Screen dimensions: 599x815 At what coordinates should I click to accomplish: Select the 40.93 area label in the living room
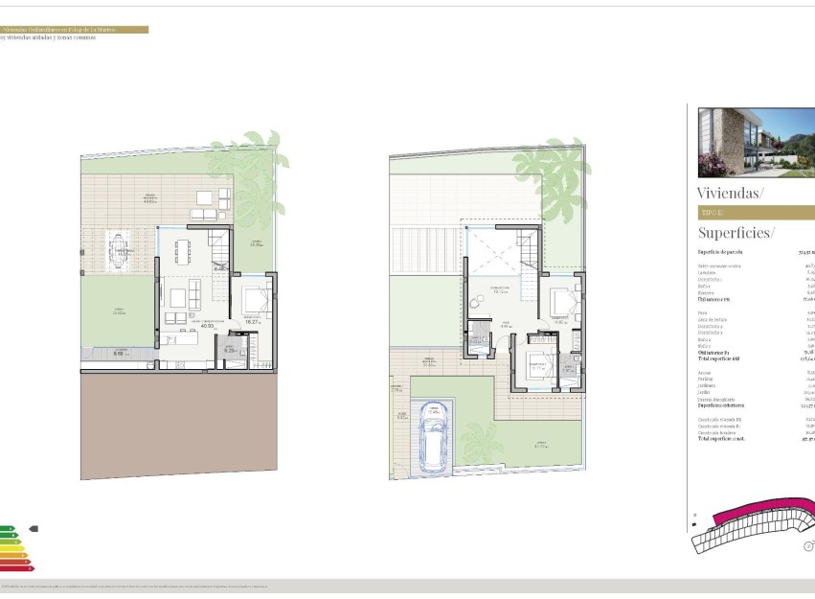tap(207, 325)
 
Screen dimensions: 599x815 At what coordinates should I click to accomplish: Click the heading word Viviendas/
tap(731, 193)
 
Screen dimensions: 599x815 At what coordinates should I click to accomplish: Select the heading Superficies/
tap(736, 233)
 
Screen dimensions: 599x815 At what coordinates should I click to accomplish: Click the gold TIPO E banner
tap(757, 213)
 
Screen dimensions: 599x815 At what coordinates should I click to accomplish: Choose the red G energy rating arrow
tap(16, 568)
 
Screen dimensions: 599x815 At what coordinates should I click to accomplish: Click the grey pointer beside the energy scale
tap(34, 527)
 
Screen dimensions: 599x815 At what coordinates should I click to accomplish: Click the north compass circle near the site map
tap(808, 546)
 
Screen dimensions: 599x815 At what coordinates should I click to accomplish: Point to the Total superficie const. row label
tap(724, 439)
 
